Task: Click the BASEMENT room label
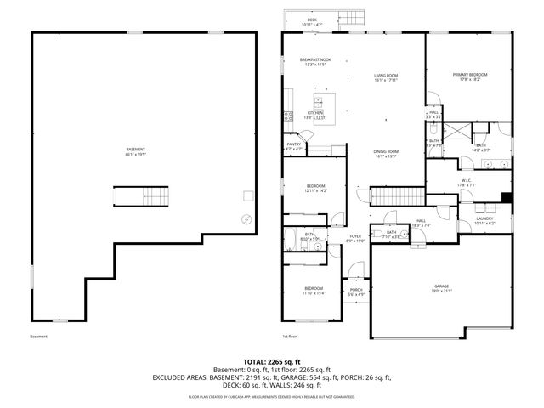point(135,151)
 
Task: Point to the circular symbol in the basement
point(246,218)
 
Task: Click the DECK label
point(312,21)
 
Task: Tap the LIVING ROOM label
point(386,77)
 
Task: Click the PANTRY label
point(293,146)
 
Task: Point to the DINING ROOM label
point(386,154)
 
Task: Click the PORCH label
point(356,292)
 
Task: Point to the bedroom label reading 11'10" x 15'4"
point(314,291)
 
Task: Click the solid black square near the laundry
point(507,198)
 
